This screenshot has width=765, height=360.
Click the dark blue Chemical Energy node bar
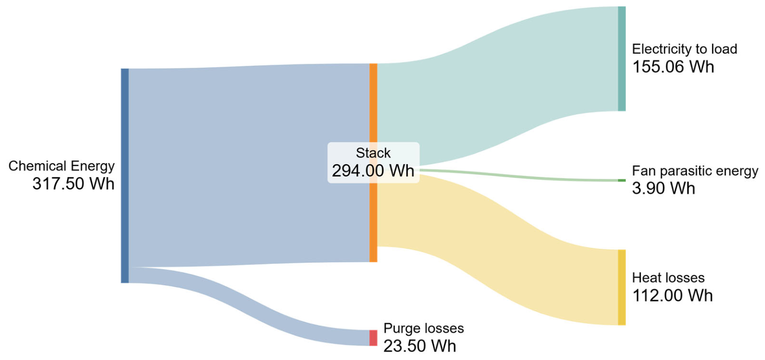[124, 176]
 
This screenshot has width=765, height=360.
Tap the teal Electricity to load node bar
[622, 59]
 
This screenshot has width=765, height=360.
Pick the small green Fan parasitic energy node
[622, 180]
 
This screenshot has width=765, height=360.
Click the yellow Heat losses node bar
[622, 287]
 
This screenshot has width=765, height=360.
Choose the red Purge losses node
[373, 338]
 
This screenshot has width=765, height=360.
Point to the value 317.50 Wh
[74, 184]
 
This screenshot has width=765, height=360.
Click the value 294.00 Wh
[373, 170]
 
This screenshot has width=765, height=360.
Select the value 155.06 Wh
[673, 67]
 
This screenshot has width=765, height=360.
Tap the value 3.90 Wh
[663, 188]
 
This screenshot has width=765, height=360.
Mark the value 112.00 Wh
[672, 295]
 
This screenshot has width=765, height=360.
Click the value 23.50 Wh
[420, 346]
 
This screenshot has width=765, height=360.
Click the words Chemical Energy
[62, 166]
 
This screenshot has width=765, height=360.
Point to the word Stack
[373, 153]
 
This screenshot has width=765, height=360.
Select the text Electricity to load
[685, 49]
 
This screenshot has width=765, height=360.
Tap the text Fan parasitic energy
[695, 171]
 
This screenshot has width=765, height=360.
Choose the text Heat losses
[668, 278]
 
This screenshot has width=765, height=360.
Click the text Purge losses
[424, 328]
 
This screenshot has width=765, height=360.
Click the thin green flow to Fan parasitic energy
[519, 176]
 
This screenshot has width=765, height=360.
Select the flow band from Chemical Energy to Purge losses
[249, 306]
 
